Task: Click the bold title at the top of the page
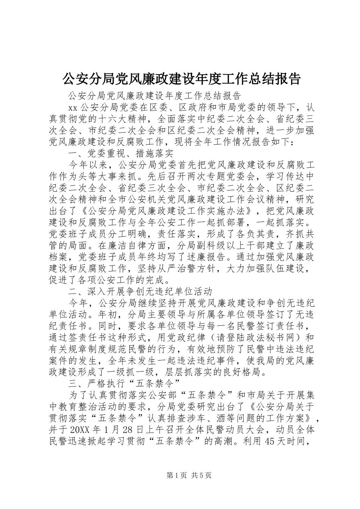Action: tap(180, 78)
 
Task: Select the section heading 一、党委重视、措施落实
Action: tap(121, 153)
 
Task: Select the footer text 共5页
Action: tap(200, 475)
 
